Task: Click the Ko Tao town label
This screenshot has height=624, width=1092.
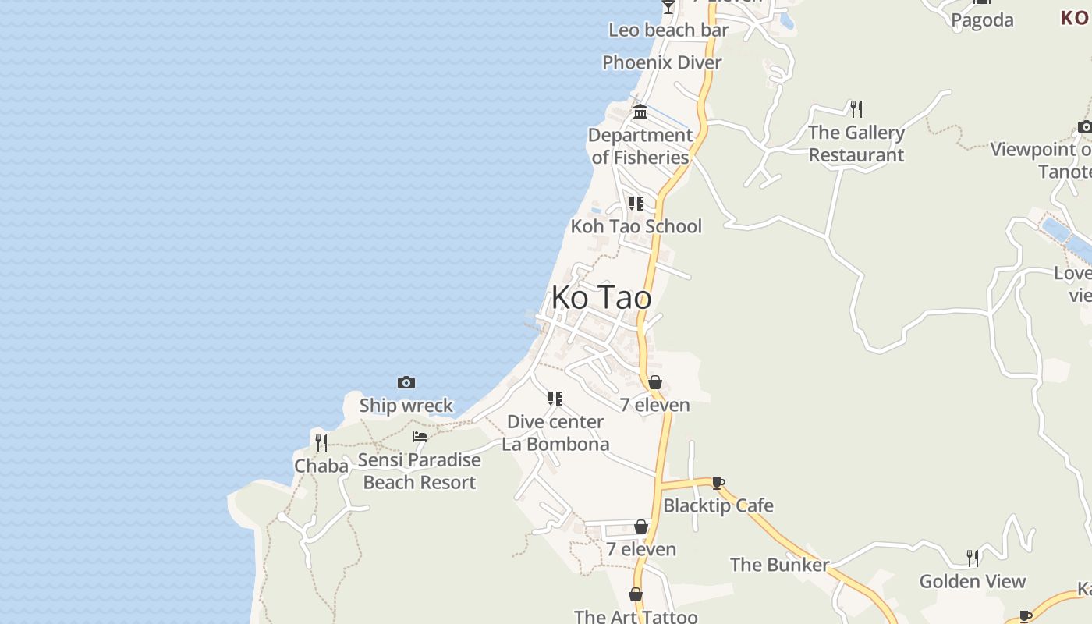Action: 601,297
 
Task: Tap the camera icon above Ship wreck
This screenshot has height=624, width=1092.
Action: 406,382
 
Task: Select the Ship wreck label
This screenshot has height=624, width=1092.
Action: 406,406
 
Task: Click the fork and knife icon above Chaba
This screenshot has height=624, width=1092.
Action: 321,443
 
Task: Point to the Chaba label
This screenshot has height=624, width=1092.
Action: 321,466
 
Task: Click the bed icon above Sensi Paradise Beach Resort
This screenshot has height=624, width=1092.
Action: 420,437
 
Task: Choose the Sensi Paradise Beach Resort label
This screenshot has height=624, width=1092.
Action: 420,471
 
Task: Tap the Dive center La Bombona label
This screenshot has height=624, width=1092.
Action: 555,433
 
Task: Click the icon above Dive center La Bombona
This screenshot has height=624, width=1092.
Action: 555,399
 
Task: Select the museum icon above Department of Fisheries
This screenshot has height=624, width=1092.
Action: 640,112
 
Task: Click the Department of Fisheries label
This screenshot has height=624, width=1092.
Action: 640,146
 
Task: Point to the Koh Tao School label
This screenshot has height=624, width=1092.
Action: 636,226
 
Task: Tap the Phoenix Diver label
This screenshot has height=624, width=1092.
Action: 662,62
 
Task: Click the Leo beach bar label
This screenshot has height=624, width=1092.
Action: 668,30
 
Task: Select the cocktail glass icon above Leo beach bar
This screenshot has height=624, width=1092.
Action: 668,7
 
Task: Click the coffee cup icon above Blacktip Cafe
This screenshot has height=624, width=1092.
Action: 718,483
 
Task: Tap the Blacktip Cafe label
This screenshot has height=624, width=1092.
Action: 718,505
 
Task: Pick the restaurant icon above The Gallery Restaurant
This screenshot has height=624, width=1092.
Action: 856,108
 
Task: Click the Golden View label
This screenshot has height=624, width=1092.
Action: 973,581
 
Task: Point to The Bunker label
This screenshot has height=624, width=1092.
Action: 779,565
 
